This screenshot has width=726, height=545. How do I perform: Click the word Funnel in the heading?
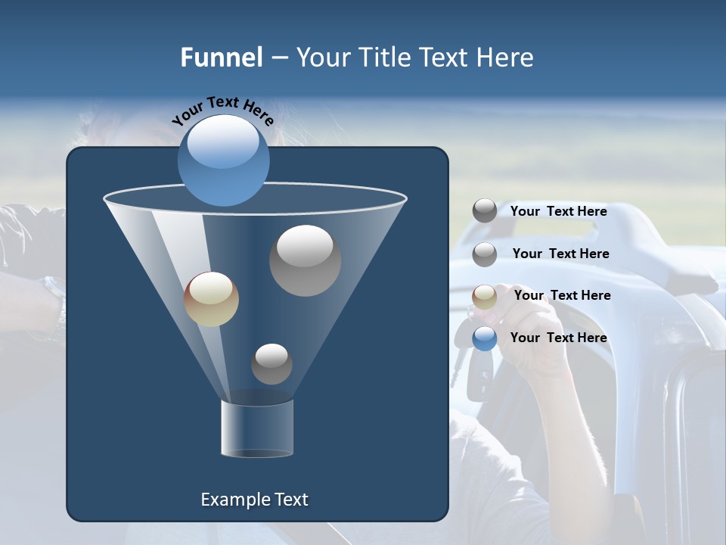(x=221, y=58)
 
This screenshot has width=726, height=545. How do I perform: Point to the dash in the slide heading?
(x=278, y=58)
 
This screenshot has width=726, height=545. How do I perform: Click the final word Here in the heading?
(x=506, y=58)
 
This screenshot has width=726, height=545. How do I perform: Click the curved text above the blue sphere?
(x=222, y=110)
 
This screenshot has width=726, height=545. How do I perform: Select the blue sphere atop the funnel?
(x=223, y=160)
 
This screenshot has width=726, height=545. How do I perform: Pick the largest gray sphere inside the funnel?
(x=305, y=260)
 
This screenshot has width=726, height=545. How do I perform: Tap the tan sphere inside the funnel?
(x=211, y=299)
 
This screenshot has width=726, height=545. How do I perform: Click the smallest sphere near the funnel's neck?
(x=271, y=363)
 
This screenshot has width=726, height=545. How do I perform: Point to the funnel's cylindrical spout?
(x=257, y=428)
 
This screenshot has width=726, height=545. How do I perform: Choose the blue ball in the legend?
(x=485, y=338)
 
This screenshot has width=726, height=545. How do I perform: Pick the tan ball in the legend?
(x=485, y=297)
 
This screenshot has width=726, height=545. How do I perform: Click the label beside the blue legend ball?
(x=558, y=338)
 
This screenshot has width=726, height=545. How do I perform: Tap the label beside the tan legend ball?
(x=562, y=295)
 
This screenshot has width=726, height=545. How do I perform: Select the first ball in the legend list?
(x=485, y=211)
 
